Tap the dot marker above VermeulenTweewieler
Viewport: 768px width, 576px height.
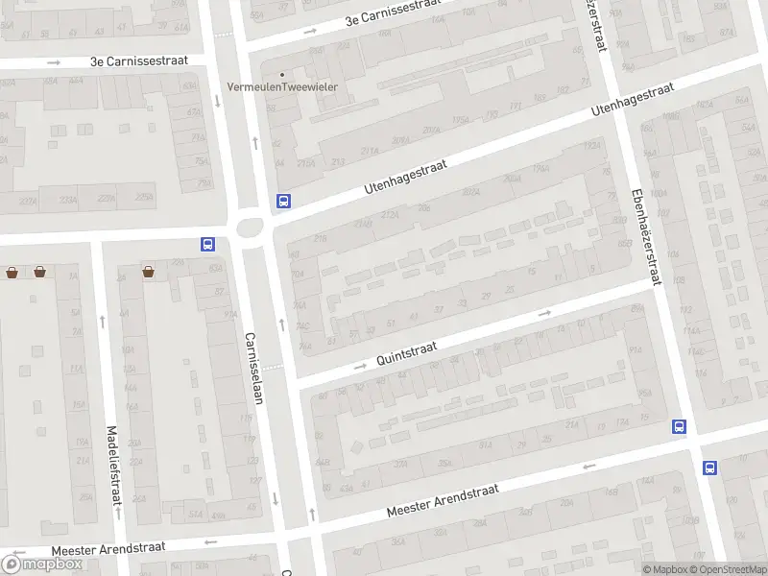(282, 74)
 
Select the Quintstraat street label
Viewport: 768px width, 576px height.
(409, 356)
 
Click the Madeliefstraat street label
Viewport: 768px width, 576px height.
(113, 466)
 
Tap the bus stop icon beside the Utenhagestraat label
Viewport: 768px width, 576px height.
(283, 202)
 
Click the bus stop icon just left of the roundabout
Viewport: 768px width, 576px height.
(207, 244)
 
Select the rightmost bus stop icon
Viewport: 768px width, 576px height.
(709, 468)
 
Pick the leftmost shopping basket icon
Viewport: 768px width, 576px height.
(12, 272)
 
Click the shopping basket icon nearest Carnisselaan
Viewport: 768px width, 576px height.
(149, 272)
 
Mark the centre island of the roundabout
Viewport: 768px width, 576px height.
(251, 228)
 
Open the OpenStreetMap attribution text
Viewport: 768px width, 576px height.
(727, 569)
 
